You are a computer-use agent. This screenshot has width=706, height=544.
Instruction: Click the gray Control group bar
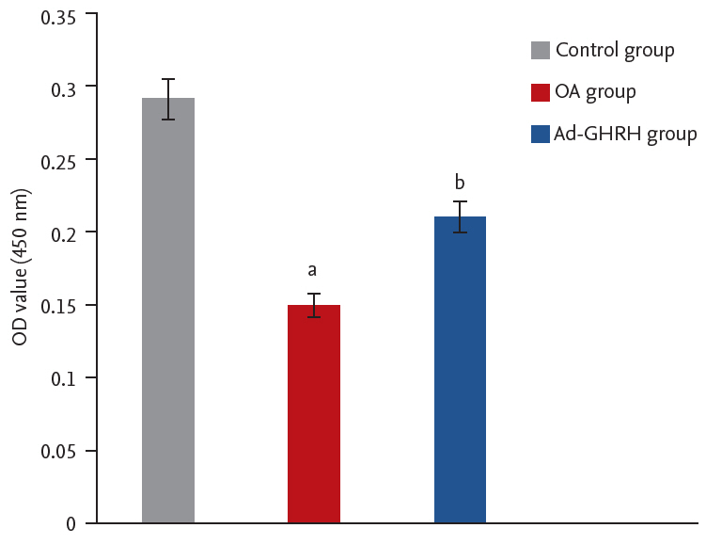point(168,311)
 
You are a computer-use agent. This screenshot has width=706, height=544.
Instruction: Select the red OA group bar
point(314,414)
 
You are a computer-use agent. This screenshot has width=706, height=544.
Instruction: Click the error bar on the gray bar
point(168,99)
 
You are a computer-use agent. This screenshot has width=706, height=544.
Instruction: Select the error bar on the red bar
point(314,305)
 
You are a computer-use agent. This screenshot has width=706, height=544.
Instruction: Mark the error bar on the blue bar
point(460,216)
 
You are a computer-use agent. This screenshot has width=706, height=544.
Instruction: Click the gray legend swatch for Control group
point(540,51)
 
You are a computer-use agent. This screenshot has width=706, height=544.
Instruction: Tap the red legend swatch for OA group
point(540,92)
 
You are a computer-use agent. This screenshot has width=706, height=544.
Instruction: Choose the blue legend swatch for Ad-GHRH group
point(540,135)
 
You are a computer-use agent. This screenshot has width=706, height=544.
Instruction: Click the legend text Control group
point(615,51)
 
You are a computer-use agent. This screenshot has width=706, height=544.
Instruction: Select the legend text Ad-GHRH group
point(625,135)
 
